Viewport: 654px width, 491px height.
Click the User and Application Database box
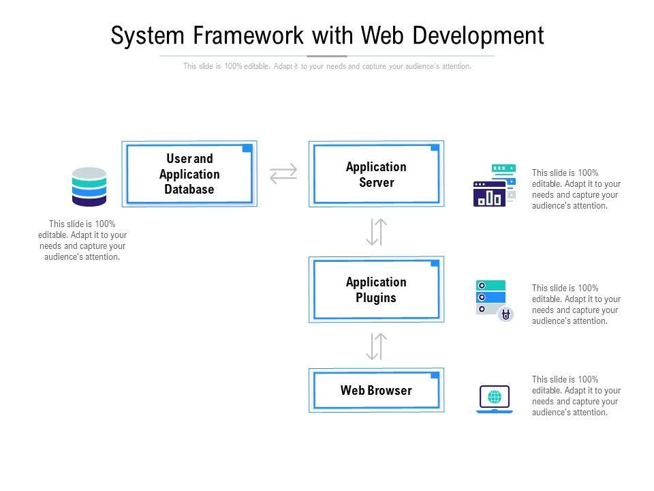[x=189, y=174]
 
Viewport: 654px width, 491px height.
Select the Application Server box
[x=376, y=174]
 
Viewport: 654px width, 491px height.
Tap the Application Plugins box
[x=376, y=289]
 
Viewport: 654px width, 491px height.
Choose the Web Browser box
[x=376, y=390]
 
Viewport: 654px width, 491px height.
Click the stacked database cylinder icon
[x=89, y=187]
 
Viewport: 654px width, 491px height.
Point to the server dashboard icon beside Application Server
[x=495, y=185]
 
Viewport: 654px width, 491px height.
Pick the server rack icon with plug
[x=495, y=301]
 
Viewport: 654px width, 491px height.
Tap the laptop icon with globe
[x=495, y=399]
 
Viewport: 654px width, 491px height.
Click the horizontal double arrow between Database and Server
[x=283, y=174]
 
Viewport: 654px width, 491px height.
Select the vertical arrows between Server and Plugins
[x=376, y=232]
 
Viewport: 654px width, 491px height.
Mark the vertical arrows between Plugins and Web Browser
[x=376, y=346]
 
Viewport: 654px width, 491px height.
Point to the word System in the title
[x=147, y=36]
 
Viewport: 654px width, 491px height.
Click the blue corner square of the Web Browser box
[x=435, y=375]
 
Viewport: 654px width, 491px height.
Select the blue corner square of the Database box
[x=247, y=148]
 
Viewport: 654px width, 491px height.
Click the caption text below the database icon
[x=82, y=241]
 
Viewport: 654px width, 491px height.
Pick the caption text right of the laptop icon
[x=576, y=396]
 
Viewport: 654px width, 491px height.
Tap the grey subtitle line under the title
[x=327, y=66]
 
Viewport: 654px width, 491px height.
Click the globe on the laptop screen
[x=495, y=397]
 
